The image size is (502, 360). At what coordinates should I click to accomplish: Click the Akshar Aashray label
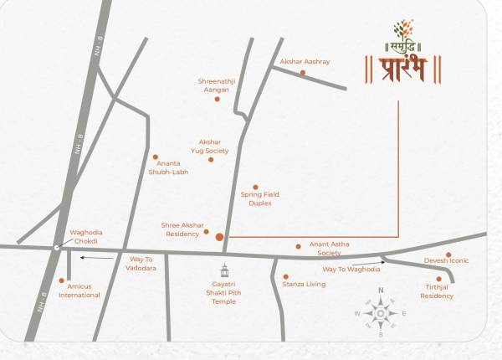coord(305,62)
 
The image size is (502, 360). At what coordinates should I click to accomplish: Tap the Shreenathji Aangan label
coord(217,85)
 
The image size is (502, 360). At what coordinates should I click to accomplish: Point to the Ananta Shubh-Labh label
coord(168,167)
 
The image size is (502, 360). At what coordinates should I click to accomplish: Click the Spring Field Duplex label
coord(259,198)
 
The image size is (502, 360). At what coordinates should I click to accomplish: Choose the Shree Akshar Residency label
coord(182,229)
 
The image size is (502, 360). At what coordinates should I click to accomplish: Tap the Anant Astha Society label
coord(329,248)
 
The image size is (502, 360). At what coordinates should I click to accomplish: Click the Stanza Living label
coord(304,285)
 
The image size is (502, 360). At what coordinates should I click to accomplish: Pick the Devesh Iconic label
coord(446,260)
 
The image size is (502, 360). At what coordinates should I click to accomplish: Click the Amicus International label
coord(79,291)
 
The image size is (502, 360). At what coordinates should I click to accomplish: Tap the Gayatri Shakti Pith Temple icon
coord(224,270)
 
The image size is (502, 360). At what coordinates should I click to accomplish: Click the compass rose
coord(381,312)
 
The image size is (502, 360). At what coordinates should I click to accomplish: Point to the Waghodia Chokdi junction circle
coord(56,248)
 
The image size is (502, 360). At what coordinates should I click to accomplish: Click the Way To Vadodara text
coord(141,264)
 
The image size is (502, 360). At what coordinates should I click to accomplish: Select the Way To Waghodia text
coord(351,269)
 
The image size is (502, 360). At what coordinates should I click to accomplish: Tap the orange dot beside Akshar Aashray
coord(303,73)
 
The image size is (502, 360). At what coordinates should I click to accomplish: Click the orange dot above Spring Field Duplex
coord(256,188)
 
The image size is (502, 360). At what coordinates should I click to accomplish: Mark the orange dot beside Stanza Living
coord(285,276)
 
